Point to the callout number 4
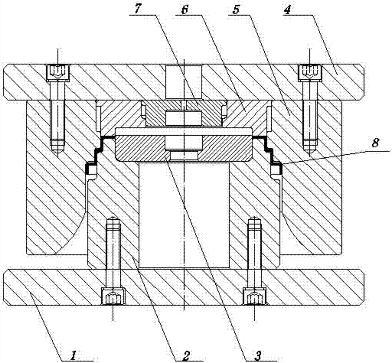pos(287,10)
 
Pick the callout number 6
pos(185,10)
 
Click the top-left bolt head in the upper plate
pos(58,73)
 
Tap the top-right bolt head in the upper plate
pos(310,73)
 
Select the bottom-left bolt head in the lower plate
pos(113,296)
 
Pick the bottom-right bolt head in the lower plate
pos(255,296)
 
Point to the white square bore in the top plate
pos(184,81)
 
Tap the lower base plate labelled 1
pos(183,287)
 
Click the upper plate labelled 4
pos(183,82)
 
